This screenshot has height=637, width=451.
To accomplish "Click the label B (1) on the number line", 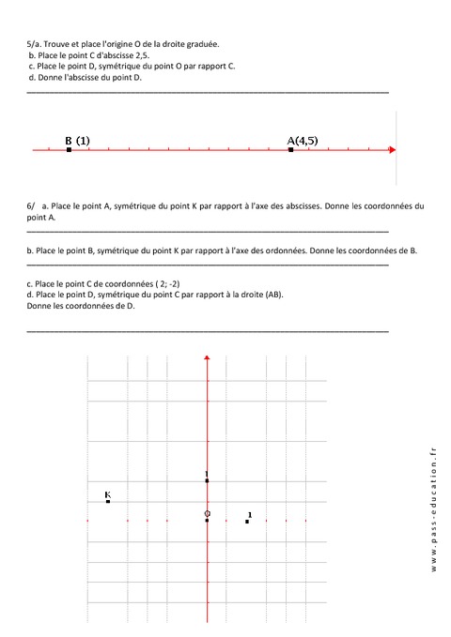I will [77, 141].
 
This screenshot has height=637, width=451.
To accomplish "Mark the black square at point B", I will [69, 149].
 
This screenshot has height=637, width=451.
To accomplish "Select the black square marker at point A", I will [291, 149].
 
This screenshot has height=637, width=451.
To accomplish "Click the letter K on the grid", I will [108, 493].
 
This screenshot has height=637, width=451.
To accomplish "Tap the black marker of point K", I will [108, 502].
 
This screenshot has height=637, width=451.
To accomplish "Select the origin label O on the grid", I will [207, 514].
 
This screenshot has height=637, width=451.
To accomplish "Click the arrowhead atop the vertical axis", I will [207, 357].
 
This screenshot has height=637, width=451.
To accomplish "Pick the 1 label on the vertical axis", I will [206, 474].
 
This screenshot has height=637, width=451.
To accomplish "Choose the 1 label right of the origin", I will [250, 514].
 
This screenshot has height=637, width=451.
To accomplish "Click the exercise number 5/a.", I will [34, 44].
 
